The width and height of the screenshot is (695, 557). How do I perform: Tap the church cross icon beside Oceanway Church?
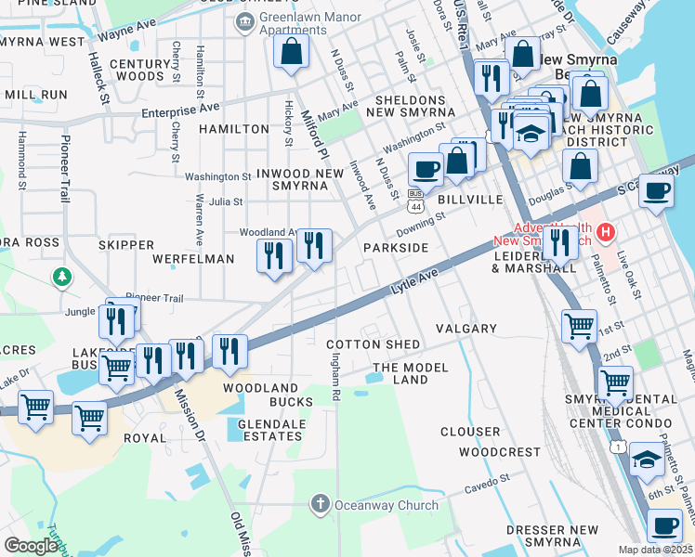pyautogui.click(x=320, y=504)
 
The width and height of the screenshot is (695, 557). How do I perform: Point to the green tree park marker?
pyautogui.click(x=62, y=276)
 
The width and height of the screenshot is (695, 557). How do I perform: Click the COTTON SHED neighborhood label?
pyautogui.click(x=373, y=344)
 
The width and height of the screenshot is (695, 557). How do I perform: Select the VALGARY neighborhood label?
pyautogui.click(x=466, y=329)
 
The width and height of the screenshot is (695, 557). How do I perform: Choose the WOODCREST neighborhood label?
pyautogui.click(x=499, y=452)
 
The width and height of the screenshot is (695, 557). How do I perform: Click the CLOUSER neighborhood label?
pyautogui.click(x=470, y=432)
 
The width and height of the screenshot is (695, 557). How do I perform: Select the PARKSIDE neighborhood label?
pyautogui.click(x=396, y=248)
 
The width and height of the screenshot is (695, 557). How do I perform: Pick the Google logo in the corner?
pyautogui.click(x=31, y=547)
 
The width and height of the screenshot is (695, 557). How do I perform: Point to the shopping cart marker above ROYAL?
pyautogui.click(x=89, y=418)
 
